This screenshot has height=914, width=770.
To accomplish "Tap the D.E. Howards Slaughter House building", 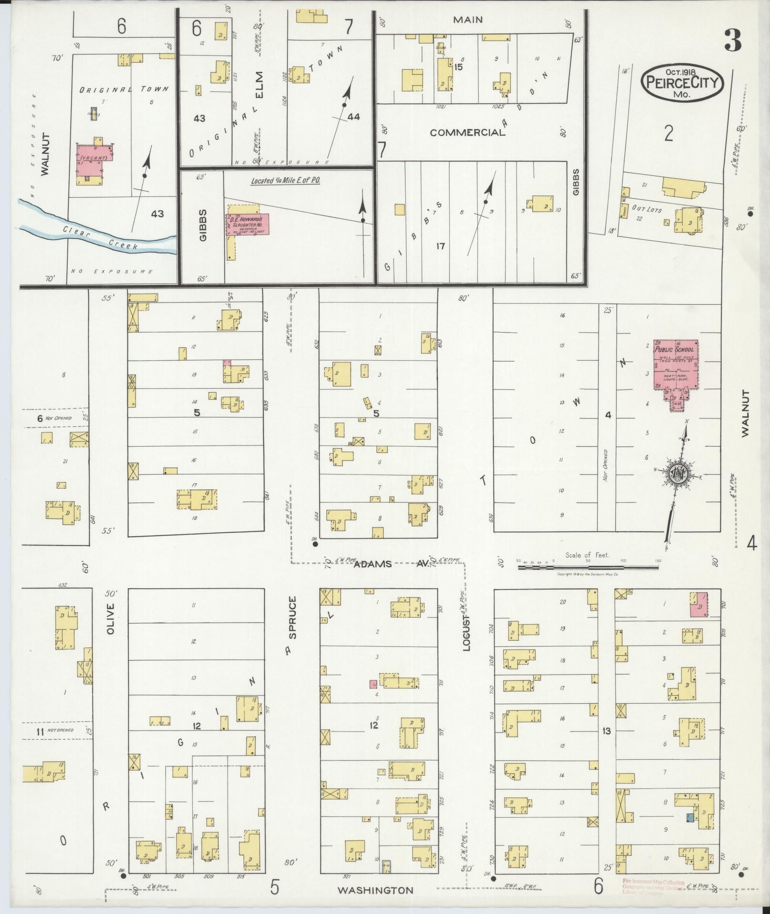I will coord(247,224).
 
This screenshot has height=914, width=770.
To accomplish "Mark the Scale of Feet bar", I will coord(588,567).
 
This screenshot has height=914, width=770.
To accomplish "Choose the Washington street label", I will coord(375,890).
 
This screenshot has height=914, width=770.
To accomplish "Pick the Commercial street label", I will coord(467,132).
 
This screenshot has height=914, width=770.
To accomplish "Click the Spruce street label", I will coord(293,617).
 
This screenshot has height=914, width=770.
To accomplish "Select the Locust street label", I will coord(467,632).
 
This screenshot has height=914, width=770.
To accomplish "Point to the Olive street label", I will coord(111,619).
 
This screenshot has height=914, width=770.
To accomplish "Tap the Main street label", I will coord(468,20).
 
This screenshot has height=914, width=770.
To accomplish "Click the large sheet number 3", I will coord(733,40).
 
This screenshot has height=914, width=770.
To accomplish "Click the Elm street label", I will coord(259,85).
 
